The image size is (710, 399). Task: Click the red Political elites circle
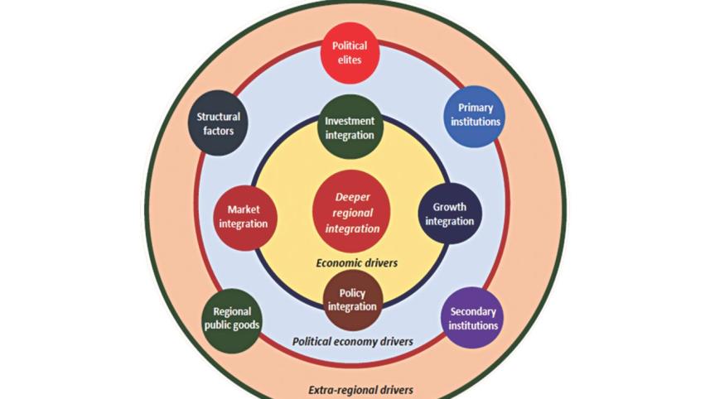[x=350, y=53]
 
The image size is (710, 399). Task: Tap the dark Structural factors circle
[x=219, y=123]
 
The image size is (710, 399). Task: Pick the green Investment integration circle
[x=350, y=127]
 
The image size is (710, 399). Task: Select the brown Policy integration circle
[x=353, y=299]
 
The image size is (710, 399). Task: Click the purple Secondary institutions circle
[x=473, y=318]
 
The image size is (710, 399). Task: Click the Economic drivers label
[x=357, y=262]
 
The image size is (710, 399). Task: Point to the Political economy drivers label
[x=354, y=341]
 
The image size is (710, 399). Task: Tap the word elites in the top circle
[x=350, y=60]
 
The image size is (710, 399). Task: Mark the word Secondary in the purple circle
[x=473, y=311]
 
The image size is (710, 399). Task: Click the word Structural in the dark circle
[x=219, y=117]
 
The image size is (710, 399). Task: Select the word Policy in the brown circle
[x=353, y=292]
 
